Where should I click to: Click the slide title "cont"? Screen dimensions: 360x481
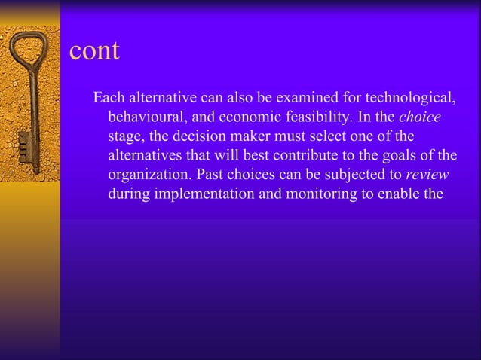pyautogui.click(x=94, y=51)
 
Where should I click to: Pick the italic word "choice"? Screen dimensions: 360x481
pyautogui.click(x=419, y=118)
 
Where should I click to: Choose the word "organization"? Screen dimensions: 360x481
pyautogui.click(x=147, y=175)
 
